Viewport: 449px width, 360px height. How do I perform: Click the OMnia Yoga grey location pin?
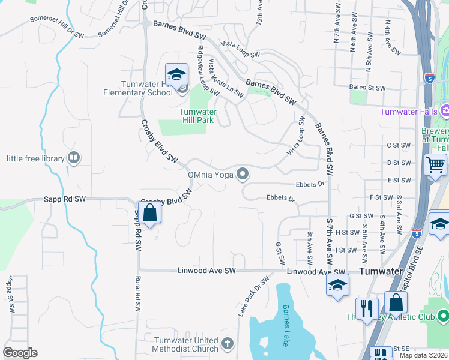coord(243,174)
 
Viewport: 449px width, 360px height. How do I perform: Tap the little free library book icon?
coord(74,158)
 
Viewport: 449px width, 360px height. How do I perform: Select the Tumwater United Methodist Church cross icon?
coord(227,344)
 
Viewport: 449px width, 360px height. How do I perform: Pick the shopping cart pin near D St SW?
coord(435,164)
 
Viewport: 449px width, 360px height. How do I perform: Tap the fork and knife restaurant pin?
coord(366,308)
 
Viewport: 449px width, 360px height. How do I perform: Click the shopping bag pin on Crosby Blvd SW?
coord(149,212)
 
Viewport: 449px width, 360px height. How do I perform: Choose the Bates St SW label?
coord(367,88)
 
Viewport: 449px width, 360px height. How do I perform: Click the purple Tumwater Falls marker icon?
coord(445,111)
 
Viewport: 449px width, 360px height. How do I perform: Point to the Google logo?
coord(20,353)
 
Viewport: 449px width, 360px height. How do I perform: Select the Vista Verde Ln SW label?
coord(225,78)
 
